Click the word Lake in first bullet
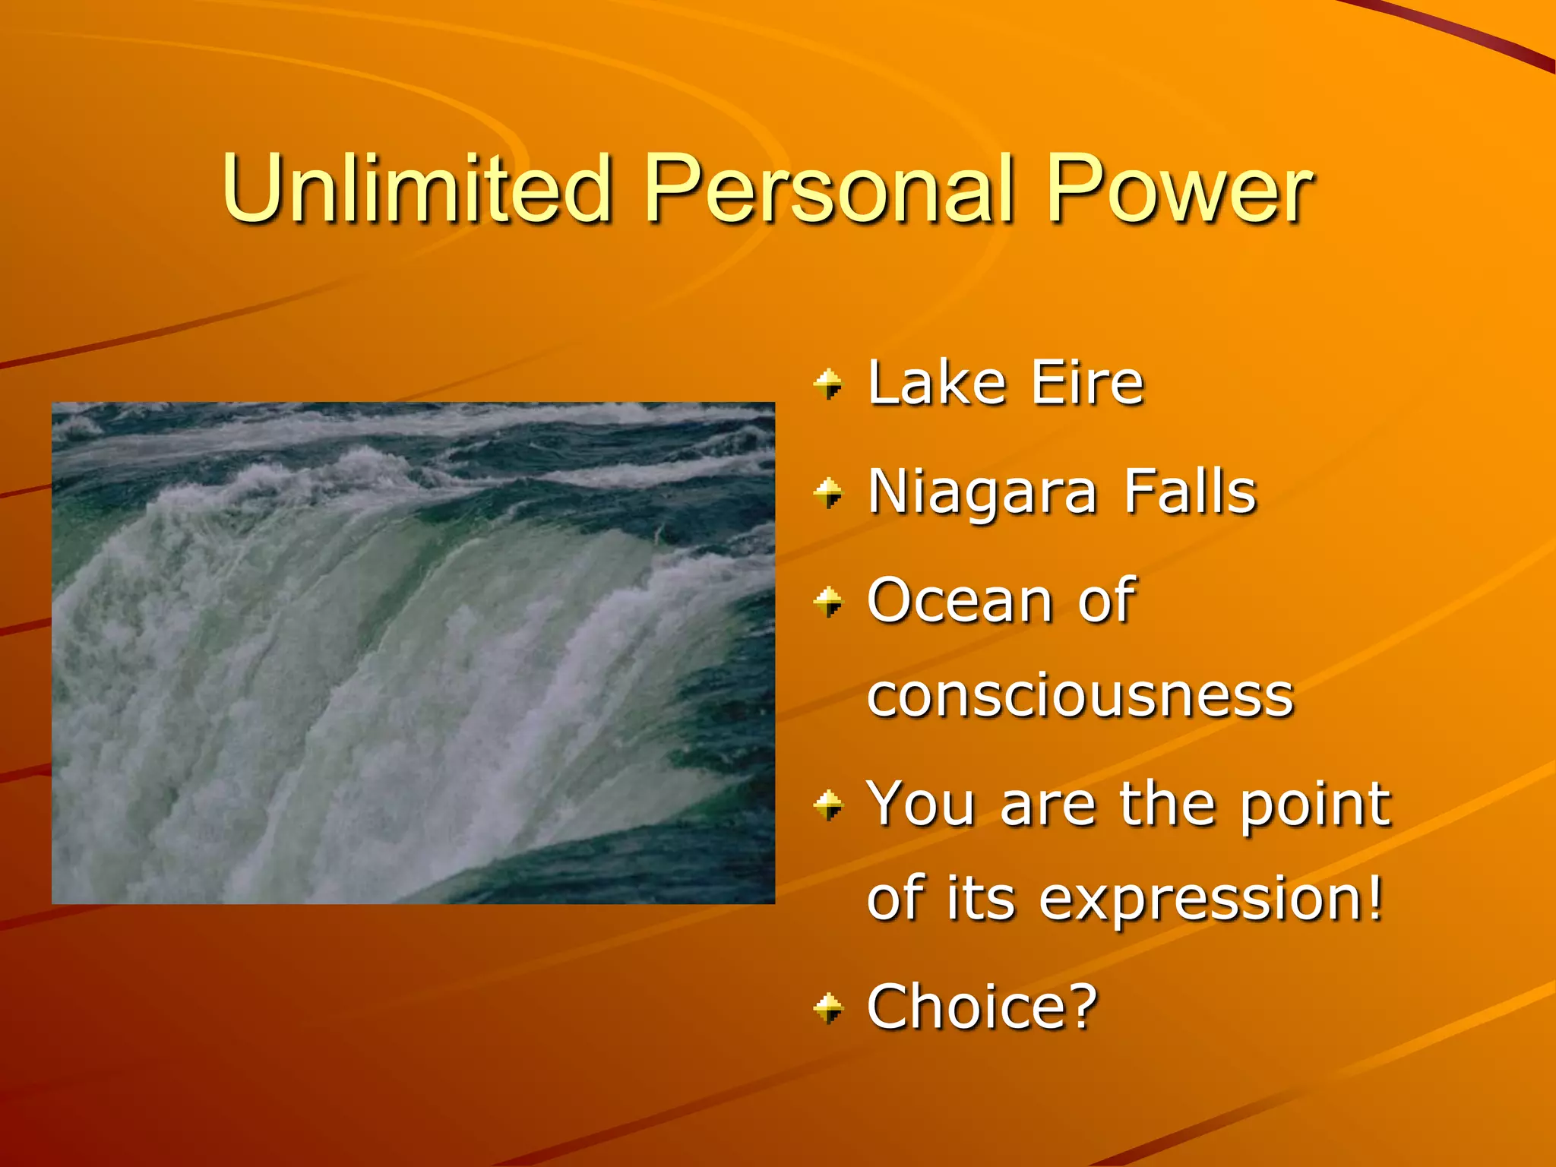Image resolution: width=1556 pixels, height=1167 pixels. click(937, 383)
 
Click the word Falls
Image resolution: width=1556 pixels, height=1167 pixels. click(1190, 492)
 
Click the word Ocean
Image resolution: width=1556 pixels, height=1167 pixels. click(960, 601)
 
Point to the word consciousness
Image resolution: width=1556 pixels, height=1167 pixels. click(1080, 696)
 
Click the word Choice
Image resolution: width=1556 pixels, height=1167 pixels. click(966, 1006)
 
